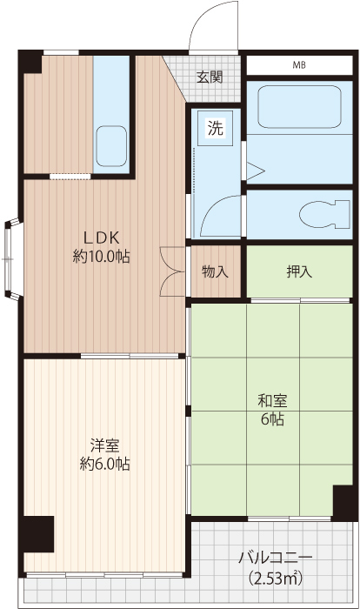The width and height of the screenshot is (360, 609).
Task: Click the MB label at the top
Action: pos(299,65)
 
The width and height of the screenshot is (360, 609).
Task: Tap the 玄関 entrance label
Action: pos(209,77)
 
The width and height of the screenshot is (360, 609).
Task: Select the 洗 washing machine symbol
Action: pos(215,128)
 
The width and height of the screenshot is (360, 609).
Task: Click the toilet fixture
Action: pos(324,214)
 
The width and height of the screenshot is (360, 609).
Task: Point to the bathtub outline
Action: pos(299,106)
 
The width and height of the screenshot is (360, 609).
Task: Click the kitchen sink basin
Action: pos(111,146)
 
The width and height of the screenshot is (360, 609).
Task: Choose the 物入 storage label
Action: pos(215,271)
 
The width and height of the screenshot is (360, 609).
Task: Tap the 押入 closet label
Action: pos(299,271)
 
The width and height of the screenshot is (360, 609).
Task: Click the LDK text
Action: pos(102,237)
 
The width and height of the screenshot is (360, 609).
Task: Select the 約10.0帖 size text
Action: pos(102,257)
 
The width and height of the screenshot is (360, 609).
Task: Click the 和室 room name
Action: pos(272,401)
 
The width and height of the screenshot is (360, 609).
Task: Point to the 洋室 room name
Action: pos(104,445)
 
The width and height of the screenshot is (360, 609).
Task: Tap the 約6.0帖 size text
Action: pos(104,464)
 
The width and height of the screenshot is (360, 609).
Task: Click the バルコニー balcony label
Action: pos(276,559)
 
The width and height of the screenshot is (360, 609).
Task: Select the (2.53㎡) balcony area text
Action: pos(276,578)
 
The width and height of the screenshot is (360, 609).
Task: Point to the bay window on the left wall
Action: pos(11,259)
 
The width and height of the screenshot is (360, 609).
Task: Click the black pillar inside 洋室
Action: pos(38,534)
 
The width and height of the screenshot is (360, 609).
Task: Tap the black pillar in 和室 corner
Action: pos(343,503)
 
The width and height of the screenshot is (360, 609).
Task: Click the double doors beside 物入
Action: pos(173,271)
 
